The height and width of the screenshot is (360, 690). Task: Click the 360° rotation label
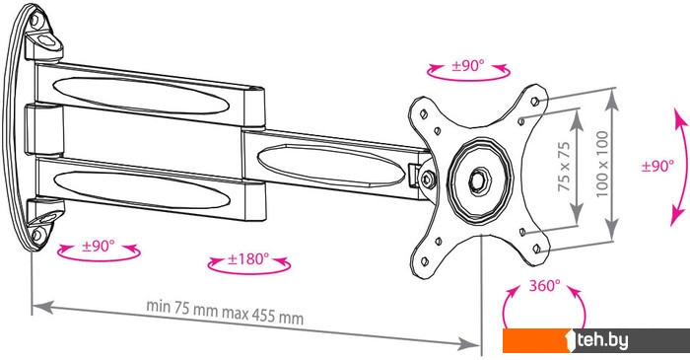pyautogui.click(x=544, y=286)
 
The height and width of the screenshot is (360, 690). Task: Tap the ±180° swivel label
pyautogui.click(x=248, y=258)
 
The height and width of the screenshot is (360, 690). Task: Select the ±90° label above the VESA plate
pyautogui.click(x=468, y=66)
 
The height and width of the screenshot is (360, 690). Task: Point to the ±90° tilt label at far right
pyautogui.click(x=657, y=166)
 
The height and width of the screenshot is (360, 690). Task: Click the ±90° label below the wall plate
pyautogui.click(x=99, y=246)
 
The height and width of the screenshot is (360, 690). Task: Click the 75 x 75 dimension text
pyautogui.click(x=564, y=167)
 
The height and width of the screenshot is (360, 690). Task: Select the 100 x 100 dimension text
pyautogui.click(x=602, y=164)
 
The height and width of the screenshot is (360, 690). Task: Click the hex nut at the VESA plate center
pyautogui.click(x=478, y=180)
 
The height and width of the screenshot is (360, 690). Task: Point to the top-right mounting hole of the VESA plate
pyautogui.click(x=535, y=102)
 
